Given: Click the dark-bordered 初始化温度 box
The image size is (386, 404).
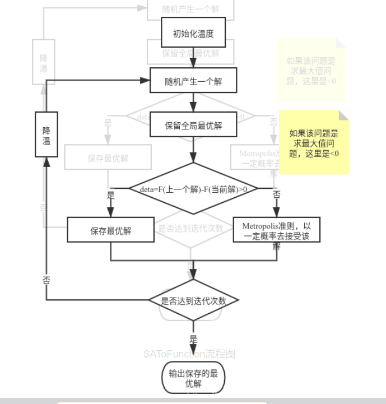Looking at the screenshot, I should tap(193, 34).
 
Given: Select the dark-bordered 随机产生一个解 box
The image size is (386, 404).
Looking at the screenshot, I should tap(193, 81).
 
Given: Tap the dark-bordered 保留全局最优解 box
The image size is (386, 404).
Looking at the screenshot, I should tap(193, 126).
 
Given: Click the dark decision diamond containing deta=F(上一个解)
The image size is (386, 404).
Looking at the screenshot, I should tap(193, 189).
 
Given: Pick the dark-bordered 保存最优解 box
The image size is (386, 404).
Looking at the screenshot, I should tap(110, 230).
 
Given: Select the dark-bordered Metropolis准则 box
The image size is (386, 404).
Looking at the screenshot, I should tap(276, 230).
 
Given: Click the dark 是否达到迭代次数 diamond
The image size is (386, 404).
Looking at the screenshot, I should tap(193, 300).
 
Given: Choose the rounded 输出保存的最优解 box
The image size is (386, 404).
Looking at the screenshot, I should tap(193, 379).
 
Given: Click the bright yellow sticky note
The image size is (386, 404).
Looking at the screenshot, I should tap(314, 142).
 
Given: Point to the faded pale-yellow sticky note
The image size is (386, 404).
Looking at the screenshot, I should tap(311, 70).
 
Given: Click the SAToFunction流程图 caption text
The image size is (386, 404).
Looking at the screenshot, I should tap(189, 354).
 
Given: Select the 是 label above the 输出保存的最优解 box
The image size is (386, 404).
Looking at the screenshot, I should tap(193, 340).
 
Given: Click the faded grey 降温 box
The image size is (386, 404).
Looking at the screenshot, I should tap(44, 63).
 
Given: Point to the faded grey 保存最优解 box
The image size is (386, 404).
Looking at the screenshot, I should tap(108, 158).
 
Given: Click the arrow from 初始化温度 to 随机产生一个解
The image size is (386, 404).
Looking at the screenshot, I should tap(193, 57).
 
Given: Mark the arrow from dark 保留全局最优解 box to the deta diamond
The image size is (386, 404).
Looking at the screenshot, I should tap(193, 150).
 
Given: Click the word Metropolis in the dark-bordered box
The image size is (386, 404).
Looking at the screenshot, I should tap(259, 226).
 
